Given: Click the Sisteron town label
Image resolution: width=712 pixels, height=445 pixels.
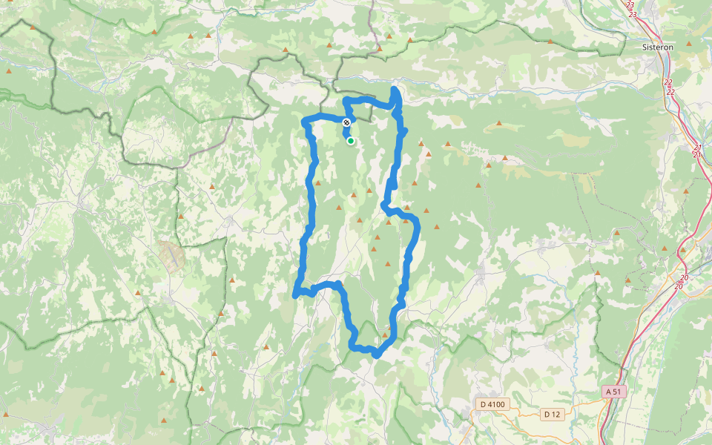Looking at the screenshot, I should click(658, 46).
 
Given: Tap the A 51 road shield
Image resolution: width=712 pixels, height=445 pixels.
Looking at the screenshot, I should click(613, 391).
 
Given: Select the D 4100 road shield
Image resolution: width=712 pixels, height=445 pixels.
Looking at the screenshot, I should click(492, 404).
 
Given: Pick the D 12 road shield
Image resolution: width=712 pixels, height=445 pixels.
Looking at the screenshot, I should click(550, 414).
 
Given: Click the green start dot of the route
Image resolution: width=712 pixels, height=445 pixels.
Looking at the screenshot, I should click(350, 140).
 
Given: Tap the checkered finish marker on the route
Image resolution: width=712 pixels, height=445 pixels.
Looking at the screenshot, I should click(346, 122).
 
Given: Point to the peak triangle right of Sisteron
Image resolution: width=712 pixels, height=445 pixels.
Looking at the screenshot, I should click(689, 44).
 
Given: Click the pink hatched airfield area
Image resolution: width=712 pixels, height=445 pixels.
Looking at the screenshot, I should click(171, 255).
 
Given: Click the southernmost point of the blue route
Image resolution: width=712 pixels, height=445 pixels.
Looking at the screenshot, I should click(377, 355).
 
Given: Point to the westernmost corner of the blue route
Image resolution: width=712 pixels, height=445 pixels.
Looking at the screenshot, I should click(296, 295).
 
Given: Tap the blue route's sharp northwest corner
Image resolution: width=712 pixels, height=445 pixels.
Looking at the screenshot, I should click(304, 121).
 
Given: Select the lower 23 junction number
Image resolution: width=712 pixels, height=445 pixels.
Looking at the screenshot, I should click(633, 14).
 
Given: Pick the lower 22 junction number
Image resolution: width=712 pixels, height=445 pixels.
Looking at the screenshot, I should click(670, 92).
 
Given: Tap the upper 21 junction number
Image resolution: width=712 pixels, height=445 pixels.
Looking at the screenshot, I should click(698, 147).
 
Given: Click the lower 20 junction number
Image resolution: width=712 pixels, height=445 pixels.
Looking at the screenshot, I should click(679, 286).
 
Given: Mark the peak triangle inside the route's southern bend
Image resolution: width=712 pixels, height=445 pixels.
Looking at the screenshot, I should click(385, 335).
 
